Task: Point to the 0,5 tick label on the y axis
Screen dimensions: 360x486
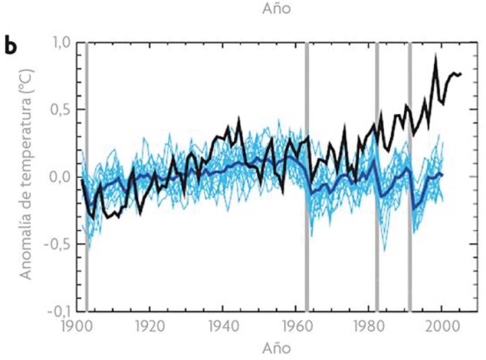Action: (x=60, y=110)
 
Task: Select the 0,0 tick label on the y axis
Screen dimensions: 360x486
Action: (x=60, y=177)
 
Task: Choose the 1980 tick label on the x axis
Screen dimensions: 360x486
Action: (x=370, y=326)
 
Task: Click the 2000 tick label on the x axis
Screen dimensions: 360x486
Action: (x=442, y=326)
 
